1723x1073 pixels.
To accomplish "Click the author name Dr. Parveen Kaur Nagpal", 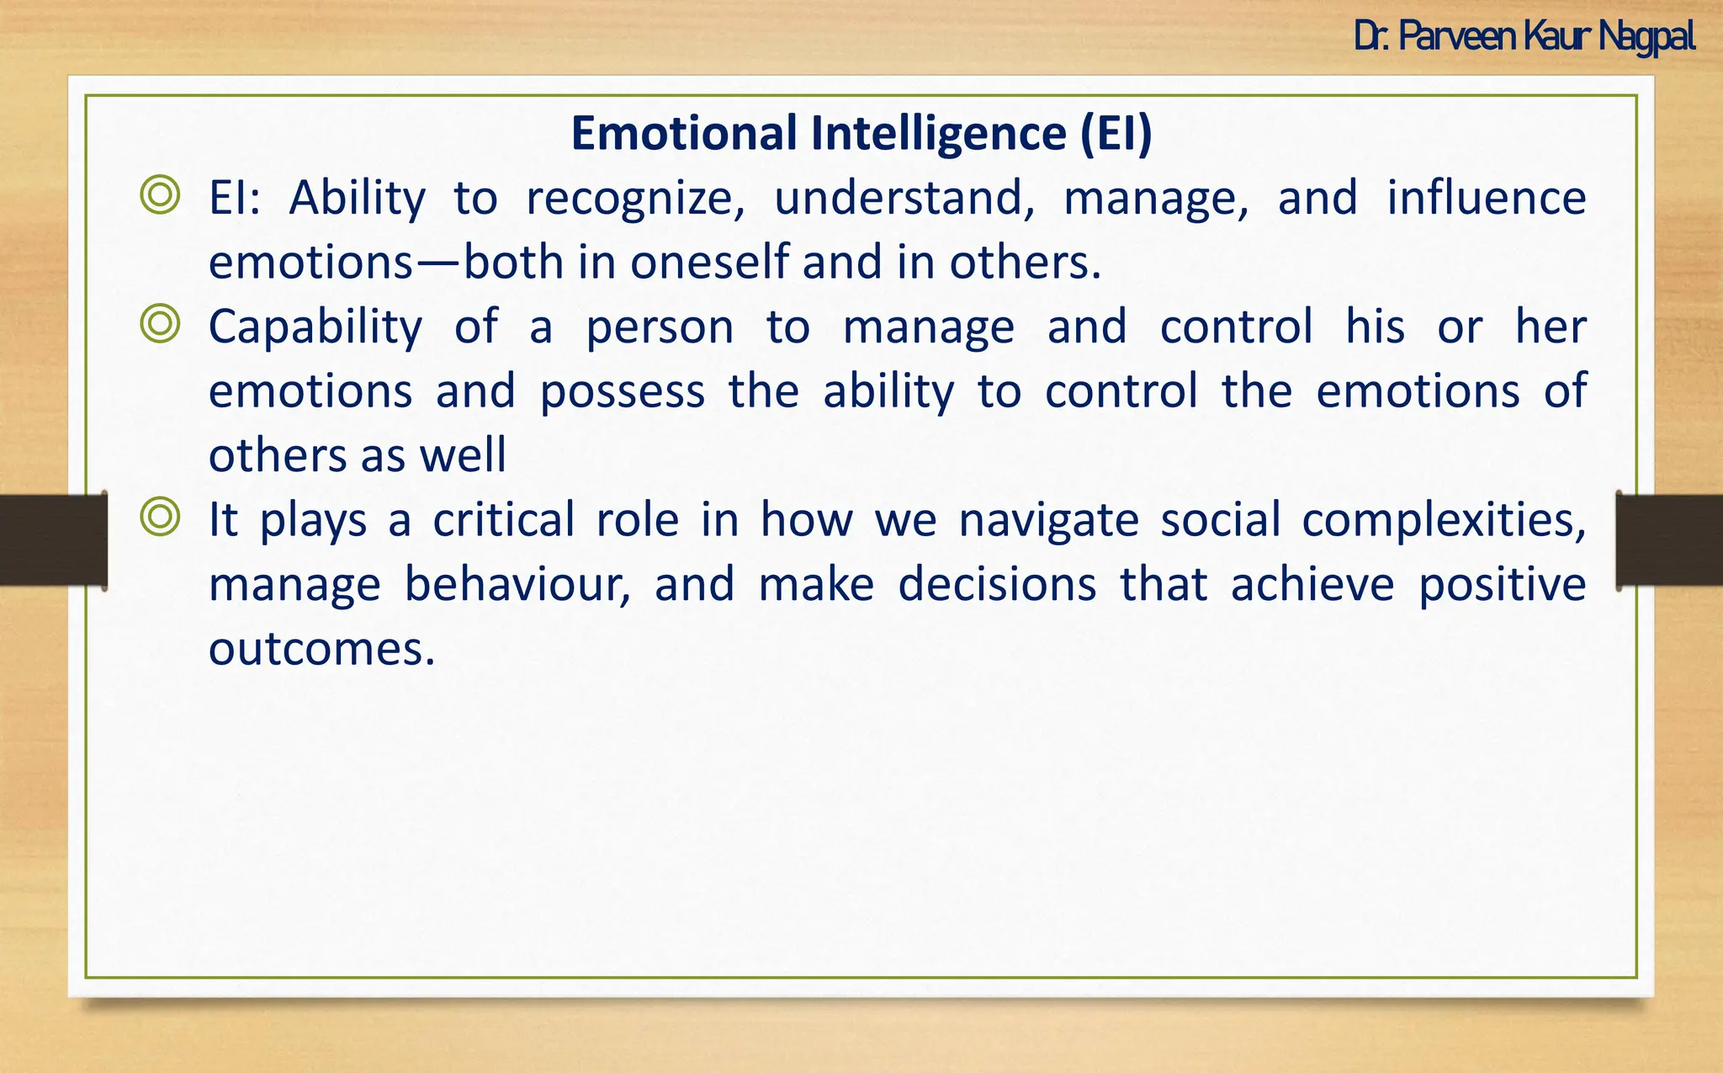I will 1524,37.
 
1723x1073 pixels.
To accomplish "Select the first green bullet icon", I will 160,196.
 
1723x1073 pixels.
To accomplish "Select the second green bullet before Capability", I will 160,325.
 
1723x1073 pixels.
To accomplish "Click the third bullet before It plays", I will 160,518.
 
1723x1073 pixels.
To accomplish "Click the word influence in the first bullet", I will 1486,198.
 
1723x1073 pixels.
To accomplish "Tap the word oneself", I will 712,263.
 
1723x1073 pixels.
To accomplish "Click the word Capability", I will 315,327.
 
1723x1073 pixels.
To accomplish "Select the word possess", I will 622,392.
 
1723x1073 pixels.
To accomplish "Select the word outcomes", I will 321,650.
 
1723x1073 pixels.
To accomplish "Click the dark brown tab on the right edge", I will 1669,539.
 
